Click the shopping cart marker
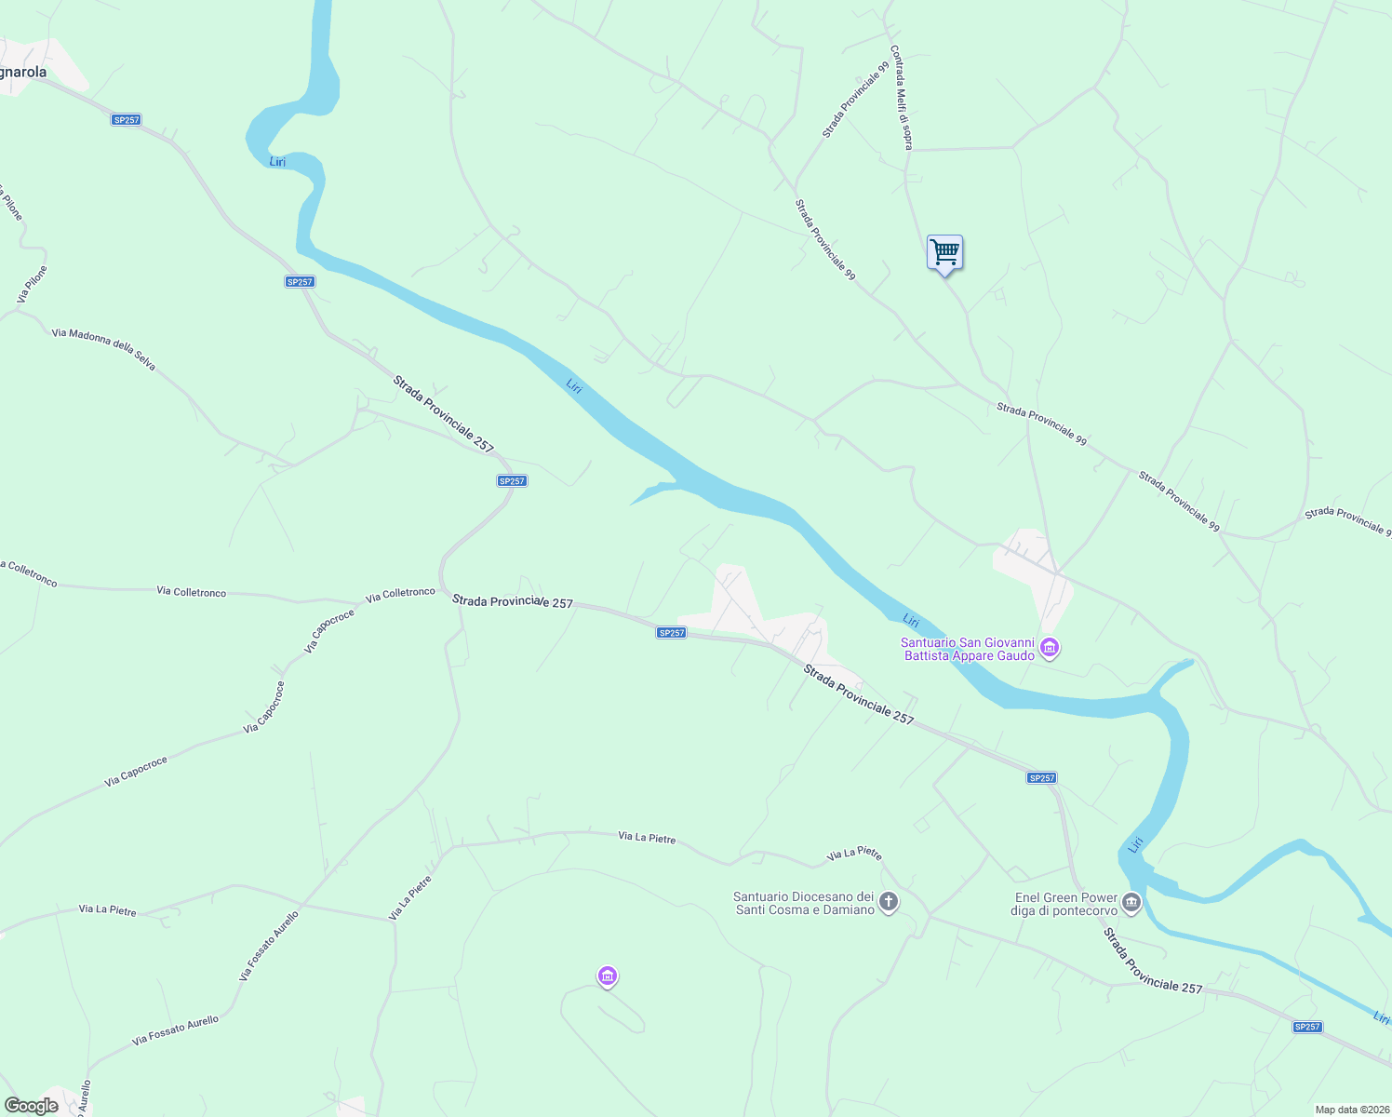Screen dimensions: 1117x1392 pyautogui.click(x=944, y=251)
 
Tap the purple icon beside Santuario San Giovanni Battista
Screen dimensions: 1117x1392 pyautogui.click(x=1050, y=648)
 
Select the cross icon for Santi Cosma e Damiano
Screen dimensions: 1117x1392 pyautogui.click(x=889, y=902)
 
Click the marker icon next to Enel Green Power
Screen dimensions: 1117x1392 pyautogui.click(x=1131, y=902)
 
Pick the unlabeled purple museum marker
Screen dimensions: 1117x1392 pyautogui.click(x=607, y=976)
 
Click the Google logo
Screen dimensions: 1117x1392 pyautogui.click(x=31, y=1105)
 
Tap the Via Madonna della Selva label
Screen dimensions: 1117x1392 pyautogui.click(x=103, y=349)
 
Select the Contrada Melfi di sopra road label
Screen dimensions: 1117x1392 pyautogui.click(x=902, y=98)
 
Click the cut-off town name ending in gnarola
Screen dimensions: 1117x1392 pyautogui.click(x=23, y=72)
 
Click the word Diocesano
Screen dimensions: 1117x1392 pyautogui.click(x=819, y=896)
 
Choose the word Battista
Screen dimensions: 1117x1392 pyautogui.click(x=928, y=655)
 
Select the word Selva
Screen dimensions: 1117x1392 pyautogui.click(x=144, y=360)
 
